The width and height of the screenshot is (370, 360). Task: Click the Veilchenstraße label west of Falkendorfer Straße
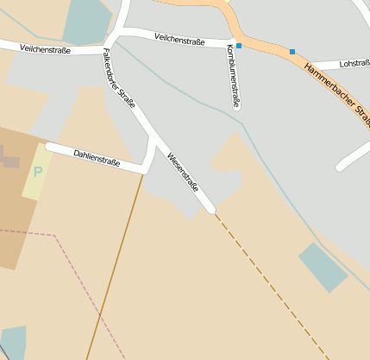(44, 49)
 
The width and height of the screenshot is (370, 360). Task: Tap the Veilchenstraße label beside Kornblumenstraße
(179, 38)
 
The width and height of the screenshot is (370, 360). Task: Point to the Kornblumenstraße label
(233, 76)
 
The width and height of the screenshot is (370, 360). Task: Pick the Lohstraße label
(354, 63)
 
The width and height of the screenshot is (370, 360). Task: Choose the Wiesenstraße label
(183, 174)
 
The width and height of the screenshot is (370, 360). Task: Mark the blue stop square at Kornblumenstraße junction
(239, 45)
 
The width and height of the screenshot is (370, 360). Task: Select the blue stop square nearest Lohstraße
(292, 52)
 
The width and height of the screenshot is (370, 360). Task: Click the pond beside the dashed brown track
(323, 267)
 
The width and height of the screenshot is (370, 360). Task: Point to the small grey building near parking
(9, 158)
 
